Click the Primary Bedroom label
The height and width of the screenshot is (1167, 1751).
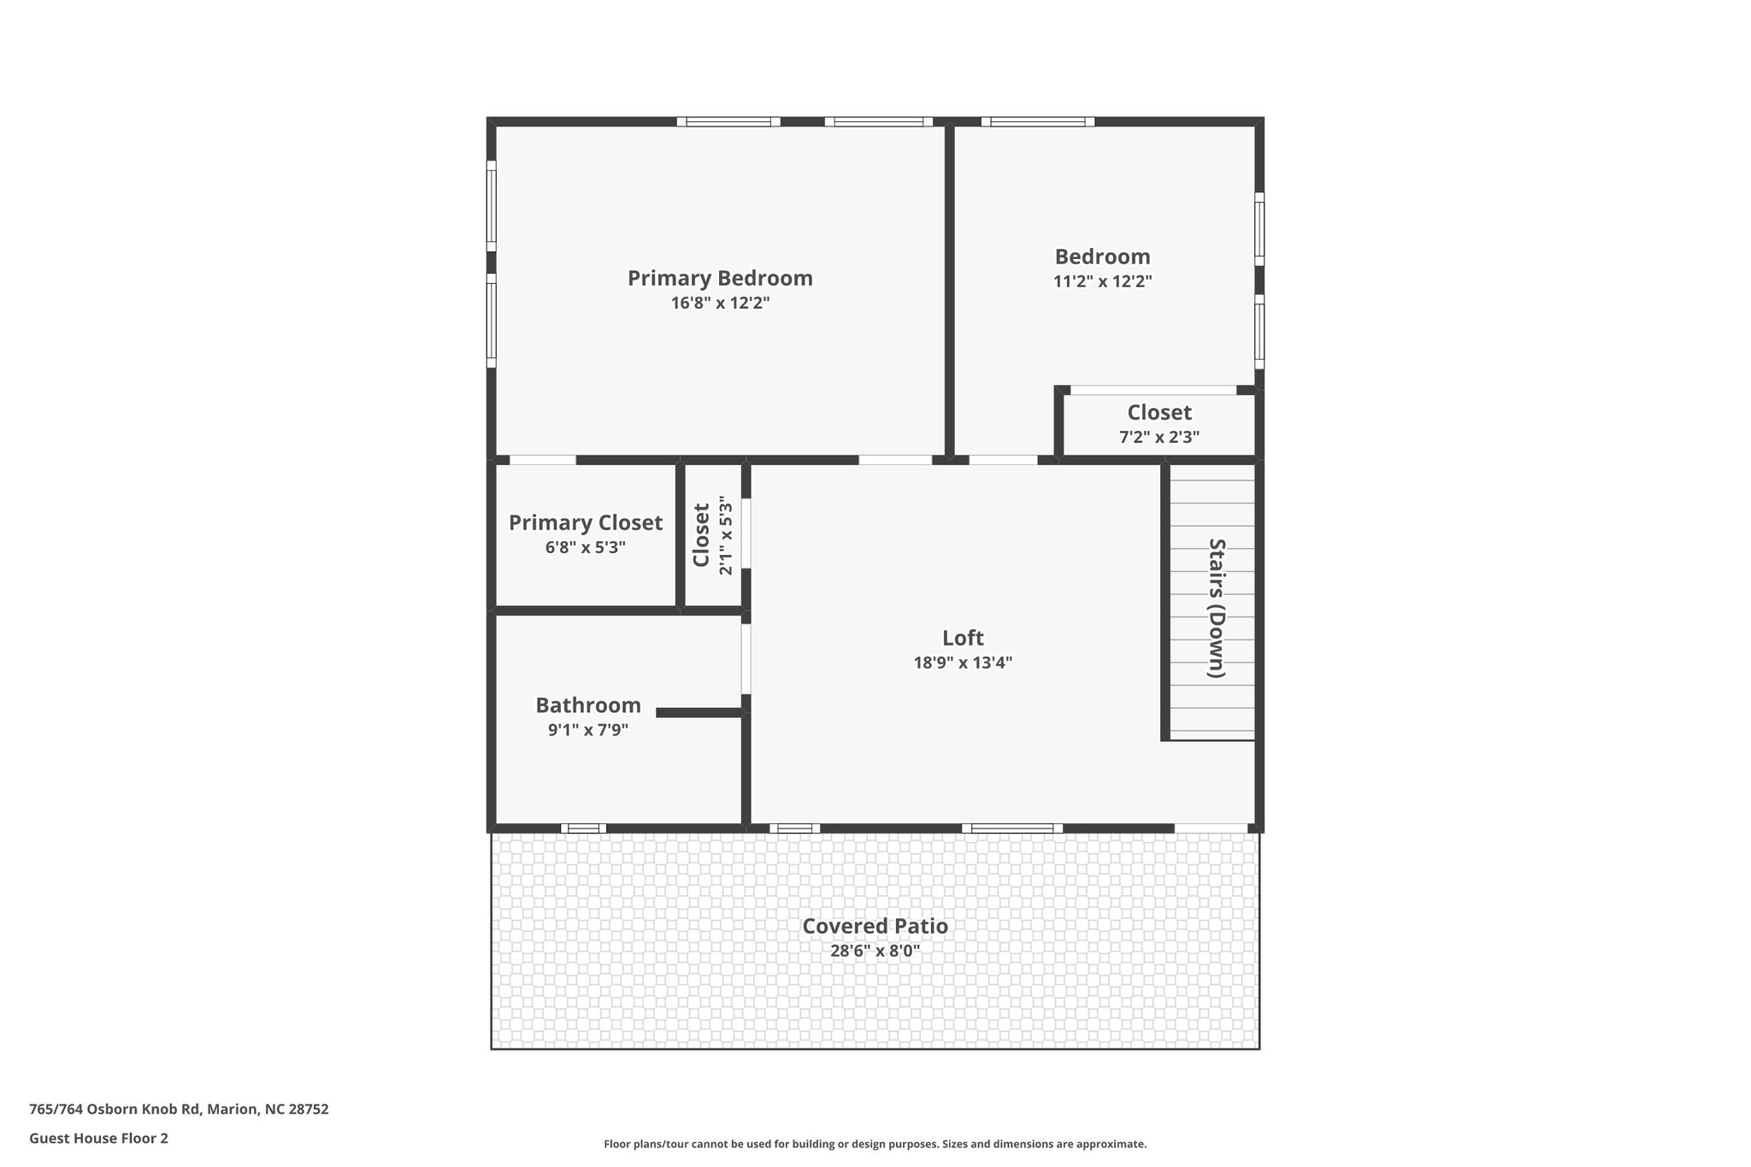(x=720, y=279)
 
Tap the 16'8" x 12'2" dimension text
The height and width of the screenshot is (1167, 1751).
(x=720, y=304)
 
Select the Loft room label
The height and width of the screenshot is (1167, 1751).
(x=963, y=639)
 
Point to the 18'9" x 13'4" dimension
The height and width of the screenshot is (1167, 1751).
(x=963, y=663)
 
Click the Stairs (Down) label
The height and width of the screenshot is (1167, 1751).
(x=1216, y=608)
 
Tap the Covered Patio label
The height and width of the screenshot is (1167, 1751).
(x=875, y=927)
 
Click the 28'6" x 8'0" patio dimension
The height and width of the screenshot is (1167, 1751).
(x=875, y=951)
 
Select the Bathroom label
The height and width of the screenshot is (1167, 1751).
(x=588, y=706)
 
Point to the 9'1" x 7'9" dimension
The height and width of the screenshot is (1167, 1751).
(x=588, y=730)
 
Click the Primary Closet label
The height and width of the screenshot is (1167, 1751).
(x=586, y=523)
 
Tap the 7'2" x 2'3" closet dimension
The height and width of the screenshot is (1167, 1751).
(x=1159, y=437)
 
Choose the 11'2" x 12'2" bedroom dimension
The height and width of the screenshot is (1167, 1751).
(x=1102, y=281)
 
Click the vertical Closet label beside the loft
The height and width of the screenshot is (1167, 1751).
(x=702, y=535)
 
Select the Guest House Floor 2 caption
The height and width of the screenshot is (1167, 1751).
(x=98, y=1139)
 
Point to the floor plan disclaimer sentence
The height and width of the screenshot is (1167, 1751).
(x=875, y=1144)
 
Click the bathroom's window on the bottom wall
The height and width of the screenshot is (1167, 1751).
(x=583, y=828)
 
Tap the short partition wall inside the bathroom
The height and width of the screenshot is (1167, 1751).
(x=699, y=712)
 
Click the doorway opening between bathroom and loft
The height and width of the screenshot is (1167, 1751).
(x=746, y=659)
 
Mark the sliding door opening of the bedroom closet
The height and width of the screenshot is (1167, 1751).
(x=1153, y=391)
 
